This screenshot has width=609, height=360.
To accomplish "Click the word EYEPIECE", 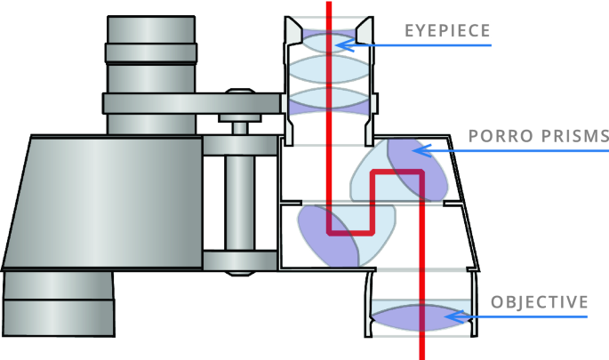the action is click(447, 31).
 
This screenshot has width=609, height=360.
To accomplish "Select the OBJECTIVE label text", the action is click(540, 302).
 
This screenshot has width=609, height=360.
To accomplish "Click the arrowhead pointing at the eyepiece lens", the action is click(344, 45).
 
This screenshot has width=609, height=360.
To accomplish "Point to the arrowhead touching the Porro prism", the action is click(421, 150).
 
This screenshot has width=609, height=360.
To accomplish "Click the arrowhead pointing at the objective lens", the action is click(454, 316).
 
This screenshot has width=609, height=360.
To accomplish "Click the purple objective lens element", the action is click(421, 317).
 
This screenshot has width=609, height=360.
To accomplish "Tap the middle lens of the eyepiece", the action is click(329, 69).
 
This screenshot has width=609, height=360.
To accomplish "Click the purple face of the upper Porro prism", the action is click(418, 170).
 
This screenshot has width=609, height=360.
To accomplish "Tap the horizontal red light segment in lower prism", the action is click(350, 233).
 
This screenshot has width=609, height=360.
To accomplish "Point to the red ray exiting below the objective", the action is click(421, 347).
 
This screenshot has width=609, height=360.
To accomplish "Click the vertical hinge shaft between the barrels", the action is click(240, 204).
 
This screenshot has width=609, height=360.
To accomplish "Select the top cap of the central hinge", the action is click(240, 91).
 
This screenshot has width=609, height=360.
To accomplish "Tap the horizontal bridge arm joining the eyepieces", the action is click(193, 104).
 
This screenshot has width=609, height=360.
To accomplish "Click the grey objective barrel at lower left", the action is click(59, 304).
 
